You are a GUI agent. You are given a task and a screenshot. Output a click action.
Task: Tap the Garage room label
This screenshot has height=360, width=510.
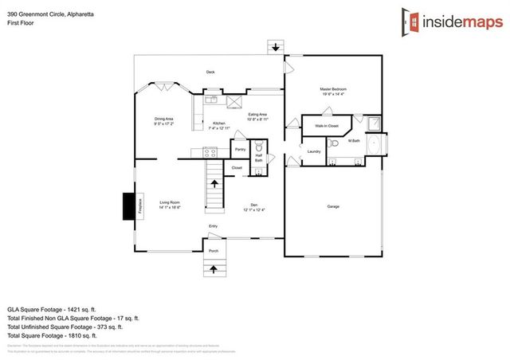[x=333, y=206]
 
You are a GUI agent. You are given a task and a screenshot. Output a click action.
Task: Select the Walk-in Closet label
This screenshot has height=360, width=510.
[x=327, y=126]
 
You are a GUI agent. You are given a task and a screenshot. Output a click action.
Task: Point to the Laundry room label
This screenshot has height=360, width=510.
[x=313, y=151]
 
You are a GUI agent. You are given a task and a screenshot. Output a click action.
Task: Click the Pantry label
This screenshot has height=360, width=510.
[x=240, y=149]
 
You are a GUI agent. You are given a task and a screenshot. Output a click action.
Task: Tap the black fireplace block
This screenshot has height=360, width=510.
[x=127, y=206]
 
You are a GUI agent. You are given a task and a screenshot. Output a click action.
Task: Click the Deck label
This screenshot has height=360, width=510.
[x=210, y=72]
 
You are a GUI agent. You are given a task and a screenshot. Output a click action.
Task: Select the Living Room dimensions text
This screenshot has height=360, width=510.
[x=170, y=208]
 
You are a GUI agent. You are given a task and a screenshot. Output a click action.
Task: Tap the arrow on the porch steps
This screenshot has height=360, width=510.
[x=214, y=268]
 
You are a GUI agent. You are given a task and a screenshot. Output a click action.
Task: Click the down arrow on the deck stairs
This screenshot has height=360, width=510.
[x=276, y=47]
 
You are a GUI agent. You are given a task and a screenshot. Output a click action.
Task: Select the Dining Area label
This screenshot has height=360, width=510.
[x=164, y=119]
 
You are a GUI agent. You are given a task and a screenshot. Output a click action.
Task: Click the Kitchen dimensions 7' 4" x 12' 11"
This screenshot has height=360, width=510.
[x=219, y=127]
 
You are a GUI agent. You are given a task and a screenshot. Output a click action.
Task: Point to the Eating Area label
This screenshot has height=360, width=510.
[x=257, y=115]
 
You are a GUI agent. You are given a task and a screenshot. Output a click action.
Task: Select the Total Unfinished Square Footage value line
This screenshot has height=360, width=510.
[x=65, y=327]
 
